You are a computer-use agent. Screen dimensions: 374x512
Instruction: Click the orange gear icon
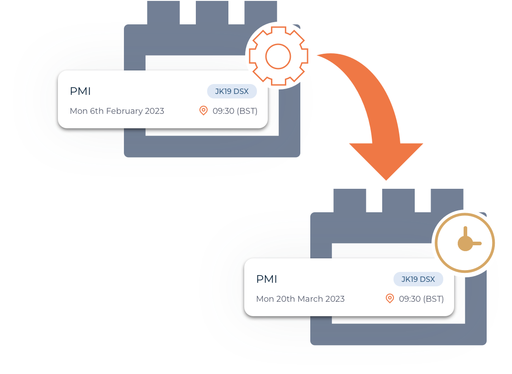click(278, 56)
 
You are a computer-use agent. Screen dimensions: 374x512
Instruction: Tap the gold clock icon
click(465, 243)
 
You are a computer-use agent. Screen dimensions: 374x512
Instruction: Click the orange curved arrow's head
click(386, 160)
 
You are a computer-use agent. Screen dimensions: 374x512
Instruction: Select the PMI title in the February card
click(80, 91)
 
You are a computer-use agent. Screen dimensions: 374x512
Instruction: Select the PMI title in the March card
click(266, 279)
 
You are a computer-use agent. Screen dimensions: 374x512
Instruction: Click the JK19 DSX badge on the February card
click(232, 91)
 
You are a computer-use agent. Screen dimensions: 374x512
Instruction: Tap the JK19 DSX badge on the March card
click(418, 279)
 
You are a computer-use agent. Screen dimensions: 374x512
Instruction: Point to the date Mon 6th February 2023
click(117, 111)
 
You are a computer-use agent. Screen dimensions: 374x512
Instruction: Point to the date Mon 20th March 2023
click(300, 299)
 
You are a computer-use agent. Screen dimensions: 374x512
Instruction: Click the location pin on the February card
click(204, 111)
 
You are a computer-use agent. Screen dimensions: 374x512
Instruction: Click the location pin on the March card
click(390, 299)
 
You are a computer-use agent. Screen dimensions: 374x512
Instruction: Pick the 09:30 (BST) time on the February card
click(235, 111)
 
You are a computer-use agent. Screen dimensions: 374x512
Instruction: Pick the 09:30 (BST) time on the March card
click(421, 299)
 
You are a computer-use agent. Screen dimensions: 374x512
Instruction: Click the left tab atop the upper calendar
click(163, 13)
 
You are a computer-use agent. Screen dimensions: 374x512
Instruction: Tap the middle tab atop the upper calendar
click(212, 13)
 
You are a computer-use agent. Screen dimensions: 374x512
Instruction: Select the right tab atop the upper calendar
click(261, 13)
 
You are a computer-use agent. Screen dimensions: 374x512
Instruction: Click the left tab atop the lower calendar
click(350, 200)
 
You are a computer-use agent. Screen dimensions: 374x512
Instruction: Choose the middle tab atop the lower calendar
click(398, 200)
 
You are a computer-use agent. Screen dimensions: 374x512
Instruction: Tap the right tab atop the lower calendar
click(447, 200)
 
